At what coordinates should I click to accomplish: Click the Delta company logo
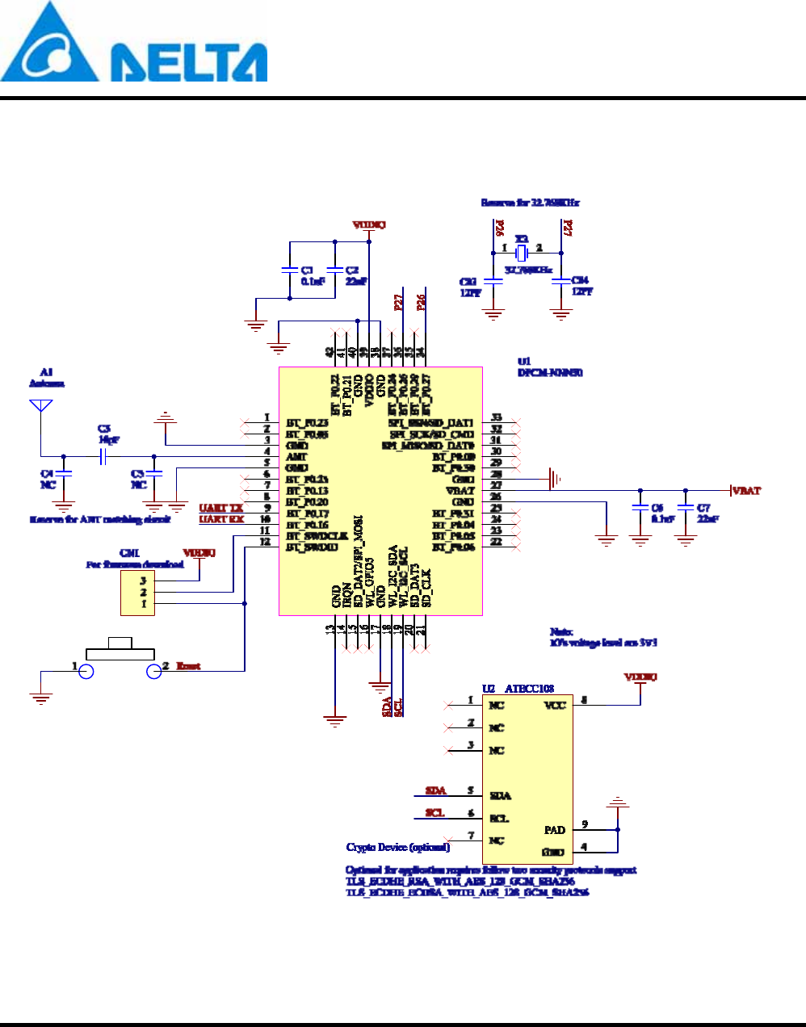click(133, 44)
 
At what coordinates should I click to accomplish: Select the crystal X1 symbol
click(521, 253)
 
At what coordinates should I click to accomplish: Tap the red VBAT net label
click(746, 490)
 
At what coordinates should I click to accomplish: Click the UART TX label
click(220, 508)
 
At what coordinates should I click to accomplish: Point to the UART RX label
click(220, 519)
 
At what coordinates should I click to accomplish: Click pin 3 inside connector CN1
click(143, 580)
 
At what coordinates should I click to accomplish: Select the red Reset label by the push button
click(188, 666)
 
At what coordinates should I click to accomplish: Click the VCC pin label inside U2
click(555, 705)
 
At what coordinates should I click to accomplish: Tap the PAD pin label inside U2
click(554, 830)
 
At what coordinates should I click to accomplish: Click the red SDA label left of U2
click(435, 790)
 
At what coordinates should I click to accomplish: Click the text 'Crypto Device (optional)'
click(397, 847)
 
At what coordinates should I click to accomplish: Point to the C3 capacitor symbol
click(103, 457)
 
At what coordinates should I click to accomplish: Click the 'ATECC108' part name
click(529, 689)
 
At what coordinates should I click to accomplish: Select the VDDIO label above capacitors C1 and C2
click(369, 224)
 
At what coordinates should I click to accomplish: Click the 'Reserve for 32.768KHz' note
click(530, 203)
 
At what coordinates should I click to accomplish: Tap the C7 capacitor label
click(703, 508)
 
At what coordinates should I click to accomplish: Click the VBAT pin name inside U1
click(460, 490)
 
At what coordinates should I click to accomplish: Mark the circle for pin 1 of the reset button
click(86, 671)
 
